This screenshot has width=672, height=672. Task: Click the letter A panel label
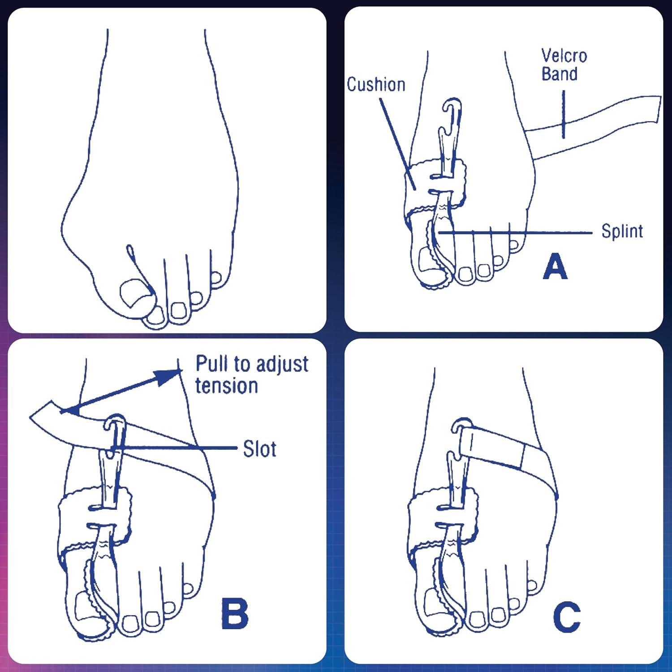point(555,266)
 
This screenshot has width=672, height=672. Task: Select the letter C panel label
point(567,617)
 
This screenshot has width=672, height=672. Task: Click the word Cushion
point(376,85)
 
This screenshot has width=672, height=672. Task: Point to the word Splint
point(622,231)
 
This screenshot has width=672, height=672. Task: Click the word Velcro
point(564,56)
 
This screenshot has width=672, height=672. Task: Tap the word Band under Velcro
point(559,74)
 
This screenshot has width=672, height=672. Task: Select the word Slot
point(259,449)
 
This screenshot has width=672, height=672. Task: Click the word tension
point(226,386)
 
